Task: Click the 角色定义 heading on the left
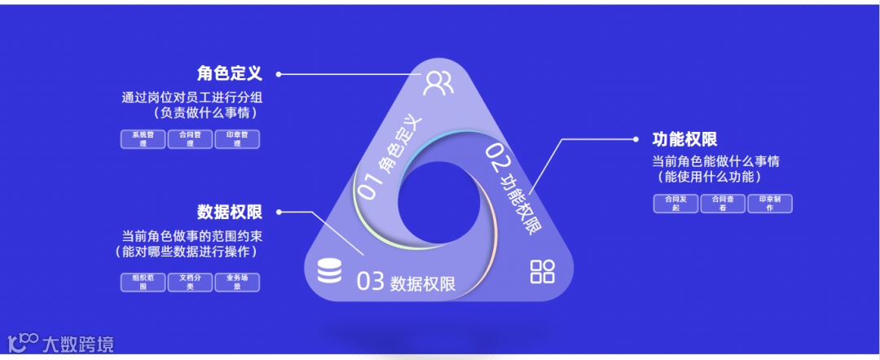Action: [229, 73]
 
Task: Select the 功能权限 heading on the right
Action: [684, 139]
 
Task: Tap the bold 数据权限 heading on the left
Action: [229, 213]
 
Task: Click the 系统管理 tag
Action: [143, 139]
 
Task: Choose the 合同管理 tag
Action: [190, 139]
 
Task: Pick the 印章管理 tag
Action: [237, 139]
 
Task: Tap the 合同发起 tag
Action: [675, 203]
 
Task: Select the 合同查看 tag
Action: [723, 203]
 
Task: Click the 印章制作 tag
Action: [770, 203]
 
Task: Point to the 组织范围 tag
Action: [143, 282]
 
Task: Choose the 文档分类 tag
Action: [190, 282]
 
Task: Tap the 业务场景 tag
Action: [237, 282]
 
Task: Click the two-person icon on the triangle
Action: [438, 82]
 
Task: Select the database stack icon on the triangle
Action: [329, 271]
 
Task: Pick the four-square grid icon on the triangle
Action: [542, 271]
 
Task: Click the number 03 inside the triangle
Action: [370, 282]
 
